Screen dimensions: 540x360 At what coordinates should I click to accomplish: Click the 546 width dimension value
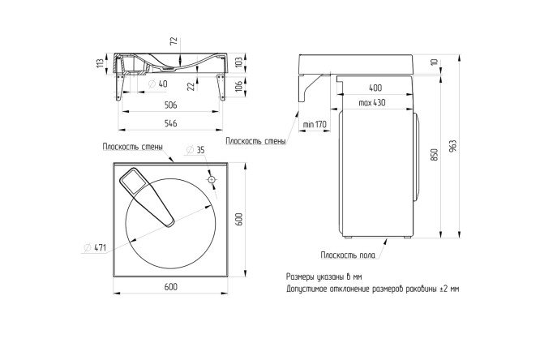[170, 123]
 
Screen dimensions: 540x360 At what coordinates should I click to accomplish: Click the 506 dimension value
[170, 105]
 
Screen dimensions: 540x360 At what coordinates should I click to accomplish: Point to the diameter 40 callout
[158, 84]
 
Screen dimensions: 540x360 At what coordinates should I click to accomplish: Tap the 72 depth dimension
[174, 41]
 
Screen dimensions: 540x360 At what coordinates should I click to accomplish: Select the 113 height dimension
[100, 63]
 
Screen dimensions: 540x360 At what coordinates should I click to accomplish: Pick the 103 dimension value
[238, 62]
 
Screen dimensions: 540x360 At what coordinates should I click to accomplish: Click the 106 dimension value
[238, 86]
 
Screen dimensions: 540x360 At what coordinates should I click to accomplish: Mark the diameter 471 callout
[96, 247]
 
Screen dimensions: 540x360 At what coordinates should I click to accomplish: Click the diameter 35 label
[195, 150]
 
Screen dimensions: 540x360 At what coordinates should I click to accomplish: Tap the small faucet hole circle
[212, 179]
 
